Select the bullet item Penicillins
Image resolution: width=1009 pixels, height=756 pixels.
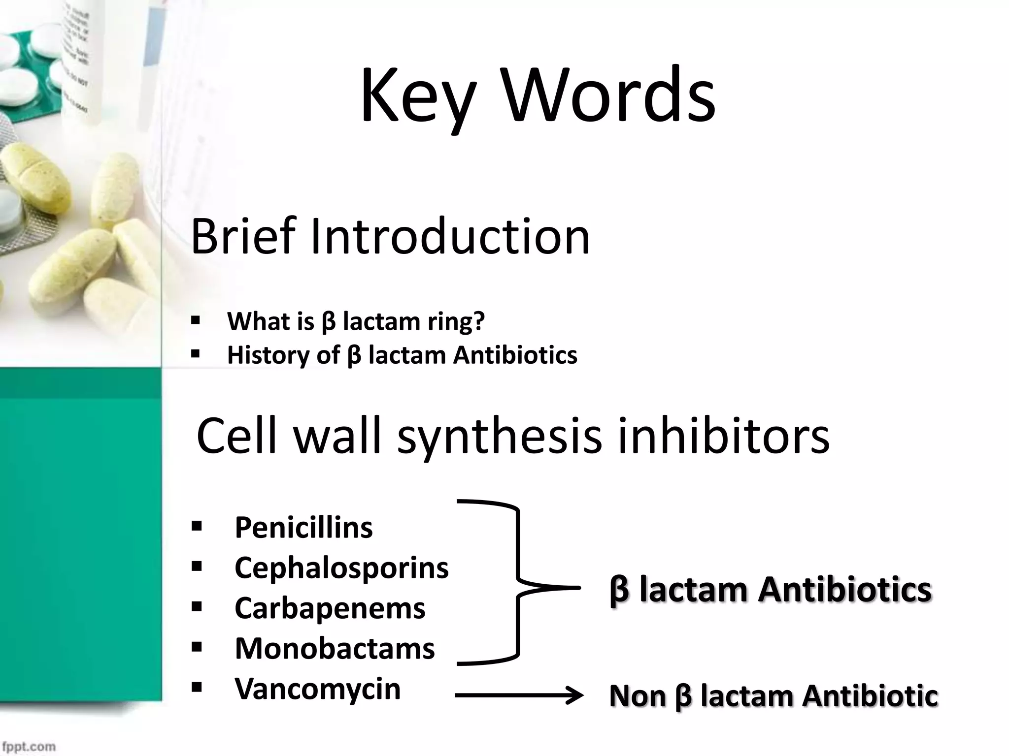pos(303,528)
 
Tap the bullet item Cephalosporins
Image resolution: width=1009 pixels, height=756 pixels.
pos(341,567)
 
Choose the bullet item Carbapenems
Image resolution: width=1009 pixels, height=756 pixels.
pos(330,608)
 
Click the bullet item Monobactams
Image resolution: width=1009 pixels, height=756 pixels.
pos(335,648)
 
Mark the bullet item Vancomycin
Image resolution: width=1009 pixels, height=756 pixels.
pos(317,688)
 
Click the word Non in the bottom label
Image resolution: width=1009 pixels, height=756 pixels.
pos(638,696)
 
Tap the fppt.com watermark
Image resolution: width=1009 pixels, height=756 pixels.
pos(28,746)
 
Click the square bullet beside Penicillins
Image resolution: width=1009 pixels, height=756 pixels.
pos(197,527)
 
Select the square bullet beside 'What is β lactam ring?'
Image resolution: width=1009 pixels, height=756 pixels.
pos(196,321)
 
